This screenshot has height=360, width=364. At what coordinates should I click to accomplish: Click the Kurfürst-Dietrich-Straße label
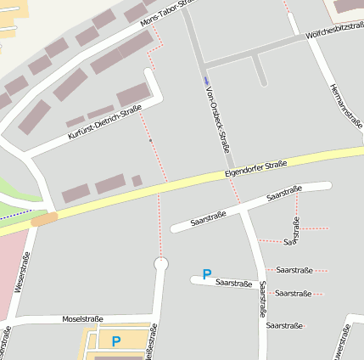click(104, 123)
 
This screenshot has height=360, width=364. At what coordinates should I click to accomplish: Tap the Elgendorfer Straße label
click(256, 167)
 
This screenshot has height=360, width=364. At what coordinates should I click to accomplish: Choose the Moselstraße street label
click(83, 319)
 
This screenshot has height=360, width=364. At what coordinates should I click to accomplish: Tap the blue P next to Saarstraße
click(206, 274)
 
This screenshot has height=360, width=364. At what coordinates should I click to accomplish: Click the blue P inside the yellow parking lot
click(116, 341)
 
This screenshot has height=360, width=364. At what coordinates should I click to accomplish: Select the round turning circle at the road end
click(160, 265)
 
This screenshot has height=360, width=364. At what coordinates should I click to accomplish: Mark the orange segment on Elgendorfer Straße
click(44, 219)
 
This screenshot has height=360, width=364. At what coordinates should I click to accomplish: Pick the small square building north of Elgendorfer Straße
click(137, 180)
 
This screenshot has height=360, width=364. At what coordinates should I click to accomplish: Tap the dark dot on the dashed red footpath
click(150, 139)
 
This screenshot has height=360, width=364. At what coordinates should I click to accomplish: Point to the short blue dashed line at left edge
click(15, 212)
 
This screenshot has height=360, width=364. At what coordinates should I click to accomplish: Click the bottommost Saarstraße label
click(283, 325)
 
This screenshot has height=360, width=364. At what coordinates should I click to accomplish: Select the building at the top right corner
click(346, 6)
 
